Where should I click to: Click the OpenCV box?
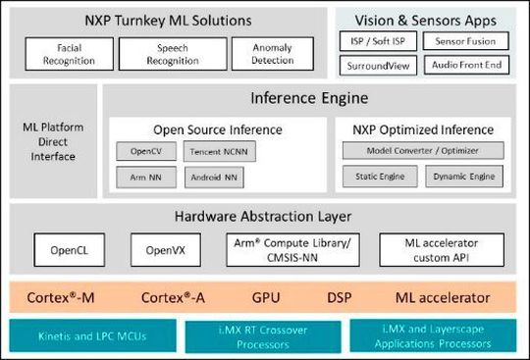144,152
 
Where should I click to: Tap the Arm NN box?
144,178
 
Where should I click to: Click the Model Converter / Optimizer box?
422,151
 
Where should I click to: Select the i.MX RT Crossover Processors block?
264,335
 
